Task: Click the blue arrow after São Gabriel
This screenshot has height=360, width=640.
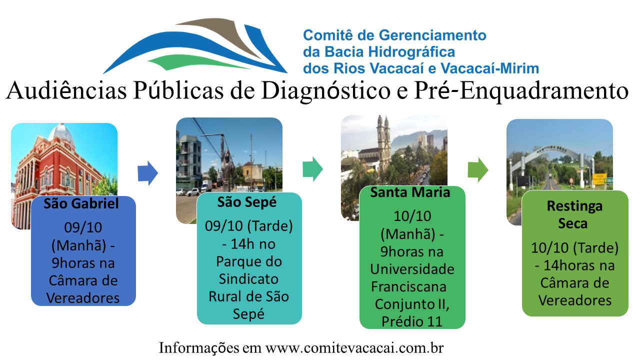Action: (147, 173)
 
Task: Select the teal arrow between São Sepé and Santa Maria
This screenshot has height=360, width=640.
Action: (312, 169)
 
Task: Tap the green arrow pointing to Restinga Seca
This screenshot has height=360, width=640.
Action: (477, 170)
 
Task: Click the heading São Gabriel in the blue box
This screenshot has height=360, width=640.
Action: (81, 204)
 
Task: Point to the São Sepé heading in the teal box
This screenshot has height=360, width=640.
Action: (247, 203)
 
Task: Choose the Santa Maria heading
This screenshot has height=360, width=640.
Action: (410, 192)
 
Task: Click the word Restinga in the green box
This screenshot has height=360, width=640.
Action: (574, 206)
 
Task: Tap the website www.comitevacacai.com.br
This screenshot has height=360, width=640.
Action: (354, 347)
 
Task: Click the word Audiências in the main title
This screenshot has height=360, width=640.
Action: (66, 90)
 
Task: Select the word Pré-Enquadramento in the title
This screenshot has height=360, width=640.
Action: (521, 91)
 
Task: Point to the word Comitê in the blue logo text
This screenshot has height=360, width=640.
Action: (327, 35)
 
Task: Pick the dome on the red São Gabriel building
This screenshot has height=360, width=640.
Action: (61, 133)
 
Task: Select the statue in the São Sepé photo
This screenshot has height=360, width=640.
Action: (227, 170)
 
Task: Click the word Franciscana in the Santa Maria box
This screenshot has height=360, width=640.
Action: (408, 286)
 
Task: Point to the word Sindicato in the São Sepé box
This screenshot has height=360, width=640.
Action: (248, 279)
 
